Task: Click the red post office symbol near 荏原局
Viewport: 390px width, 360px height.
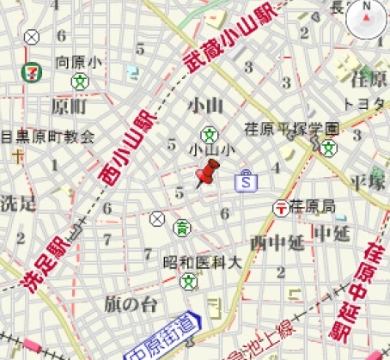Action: pyautogui.click(x=279, y=207)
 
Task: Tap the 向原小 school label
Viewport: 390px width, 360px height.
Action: pyautogui.click(x=79, y=63)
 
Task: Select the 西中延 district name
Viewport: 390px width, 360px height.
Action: pyautogui.click(x=277, y=241)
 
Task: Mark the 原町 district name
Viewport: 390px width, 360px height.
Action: pyautogui.click(x=70, y=107)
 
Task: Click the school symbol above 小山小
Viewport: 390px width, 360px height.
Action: pyautogui.click(x=208, y=134)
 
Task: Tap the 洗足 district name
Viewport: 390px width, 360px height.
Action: pyautogui.click(x=17, y=204)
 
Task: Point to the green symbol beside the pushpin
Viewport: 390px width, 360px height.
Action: pyautogui.click(x=182, y=227)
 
